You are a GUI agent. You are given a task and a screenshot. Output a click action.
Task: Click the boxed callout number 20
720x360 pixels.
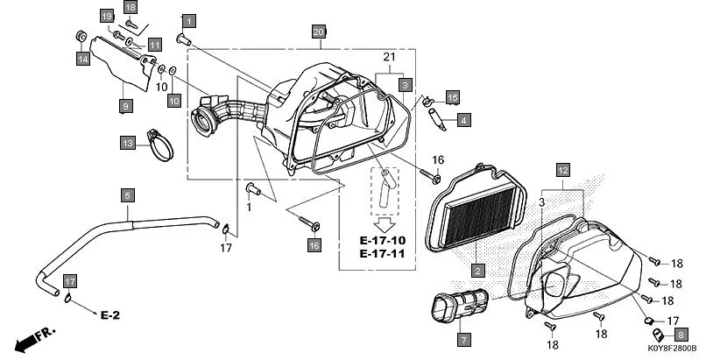coord(319,32)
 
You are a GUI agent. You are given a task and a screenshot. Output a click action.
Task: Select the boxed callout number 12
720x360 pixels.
coord(562,169)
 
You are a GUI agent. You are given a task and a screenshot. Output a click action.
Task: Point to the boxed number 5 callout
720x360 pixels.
coord(127,194)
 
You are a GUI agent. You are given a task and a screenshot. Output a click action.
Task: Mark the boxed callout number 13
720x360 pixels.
coord(127,142)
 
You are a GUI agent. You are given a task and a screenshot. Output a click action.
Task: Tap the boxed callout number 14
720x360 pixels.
coord(82,59)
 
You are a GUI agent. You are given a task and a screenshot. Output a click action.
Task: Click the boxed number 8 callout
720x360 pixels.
coord(681,333)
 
